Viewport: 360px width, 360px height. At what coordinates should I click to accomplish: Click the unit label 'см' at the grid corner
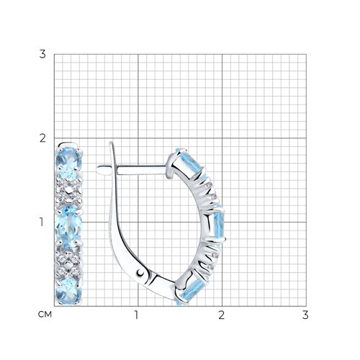(x=45, y=315)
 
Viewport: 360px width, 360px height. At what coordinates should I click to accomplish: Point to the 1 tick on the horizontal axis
(x=136, y=315)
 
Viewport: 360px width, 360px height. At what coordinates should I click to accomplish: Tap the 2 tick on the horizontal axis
(x=222, y=315)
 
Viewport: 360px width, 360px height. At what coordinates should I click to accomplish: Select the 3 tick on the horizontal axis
(x=305, y=315)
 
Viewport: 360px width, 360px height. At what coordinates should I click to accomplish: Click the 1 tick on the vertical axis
(x=42, y=222)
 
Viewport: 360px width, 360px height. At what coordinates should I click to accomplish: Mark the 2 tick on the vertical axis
(x=42, y=138)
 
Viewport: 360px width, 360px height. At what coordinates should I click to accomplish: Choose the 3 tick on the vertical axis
(x=42, y=54)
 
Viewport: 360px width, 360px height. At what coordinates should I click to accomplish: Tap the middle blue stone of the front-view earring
(x=69, y=227)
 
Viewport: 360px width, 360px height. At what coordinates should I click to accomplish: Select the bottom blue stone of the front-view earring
(x=68, y=291)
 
